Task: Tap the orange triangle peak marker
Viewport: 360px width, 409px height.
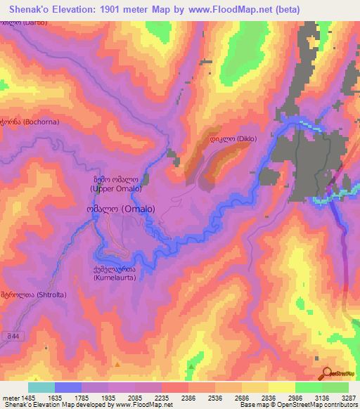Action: pyautogui.click(x=118, y=365)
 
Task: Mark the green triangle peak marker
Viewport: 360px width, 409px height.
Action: pyautogui.click(x=191, y=365)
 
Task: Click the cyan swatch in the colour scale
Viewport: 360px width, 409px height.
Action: pyautogui.click(x=41, y=387)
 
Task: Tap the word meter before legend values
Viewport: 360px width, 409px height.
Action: pyautogui.click(x=10, y=397)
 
